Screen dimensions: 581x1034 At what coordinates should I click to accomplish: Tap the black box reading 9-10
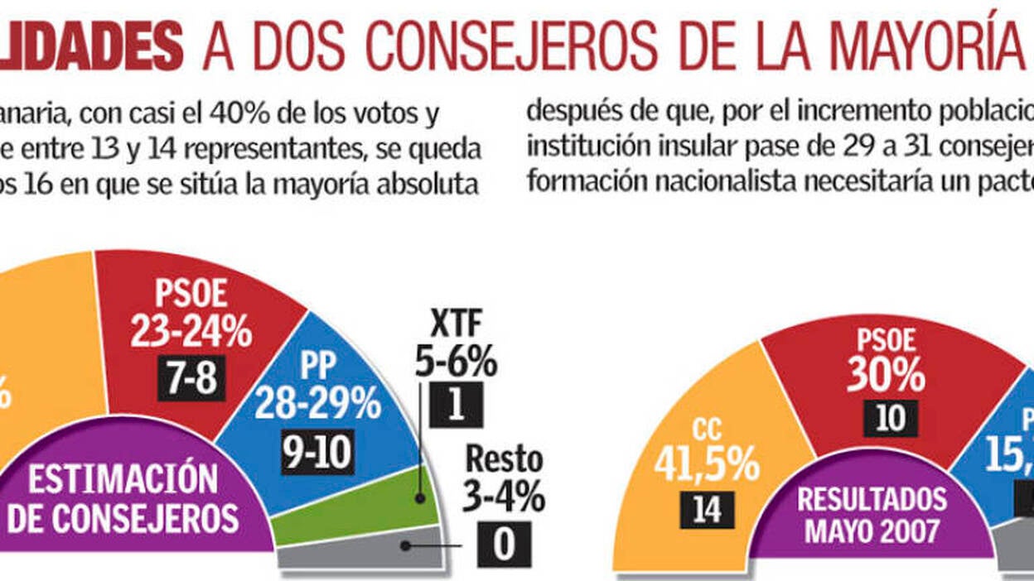click(x=317, y=452)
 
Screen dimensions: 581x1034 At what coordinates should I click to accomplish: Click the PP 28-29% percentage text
click(x=317, y=405)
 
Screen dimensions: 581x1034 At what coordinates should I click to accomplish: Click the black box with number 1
click(x=456, y=404)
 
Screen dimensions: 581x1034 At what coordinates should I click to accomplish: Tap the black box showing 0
click(x=504, y=544)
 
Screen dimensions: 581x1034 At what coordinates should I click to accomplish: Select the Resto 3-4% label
click(x=504, y=478)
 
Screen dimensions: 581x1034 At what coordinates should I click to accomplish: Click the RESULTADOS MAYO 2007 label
click(x=872, y=514)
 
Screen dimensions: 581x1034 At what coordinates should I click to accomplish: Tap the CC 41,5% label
click(x=706, y=451)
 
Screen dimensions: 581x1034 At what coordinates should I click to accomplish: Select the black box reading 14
click(x=706, y=509)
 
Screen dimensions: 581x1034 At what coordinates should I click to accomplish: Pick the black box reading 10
click(x=890, y=418)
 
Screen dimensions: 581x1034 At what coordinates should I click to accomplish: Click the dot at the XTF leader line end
click(x=421, y=498)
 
